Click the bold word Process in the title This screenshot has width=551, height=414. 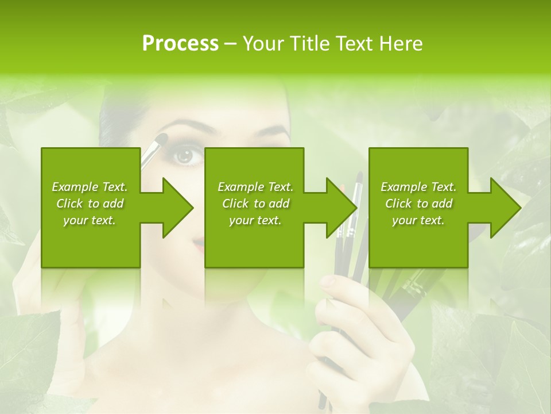[180, 44]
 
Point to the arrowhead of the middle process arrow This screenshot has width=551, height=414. [341, 208]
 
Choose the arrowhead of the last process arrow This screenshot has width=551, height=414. [505, 208]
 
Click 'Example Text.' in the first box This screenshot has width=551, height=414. [90, 187]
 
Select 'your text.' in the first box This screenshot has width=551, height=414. [90, 220]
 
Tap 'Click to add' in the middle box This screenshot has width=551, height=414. [255, 204]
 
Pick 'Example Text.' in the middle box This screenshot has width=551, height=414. [255, 187]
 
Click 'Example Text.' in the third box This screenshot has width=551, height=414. [418, 187]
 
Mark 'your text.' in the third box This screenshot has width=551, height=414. [418, 220]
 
